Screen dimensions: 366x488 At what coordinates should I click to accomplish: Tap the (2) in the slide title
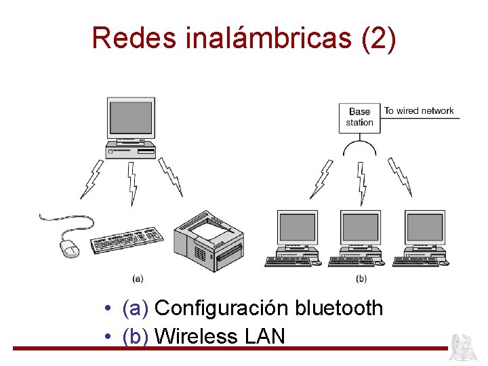[x=379, y=38]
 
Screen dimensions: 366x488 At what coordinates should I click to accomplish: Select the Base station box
[x=359, y=117]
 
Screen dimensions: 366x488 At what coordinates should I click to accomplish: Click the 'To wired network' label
[x=419, y=110]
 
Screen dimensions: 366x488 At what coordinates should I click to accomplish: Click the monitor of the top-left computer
[x=131, y=118]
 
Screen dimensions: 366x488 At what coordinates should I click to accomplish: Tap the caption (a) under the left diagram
[x=137, y=278]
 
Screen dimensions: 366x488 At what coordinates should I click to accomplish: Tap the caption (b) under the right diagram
[x=361, y=278]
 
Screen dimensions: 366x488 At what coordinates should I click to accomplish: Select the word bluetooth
[x=339, y=308]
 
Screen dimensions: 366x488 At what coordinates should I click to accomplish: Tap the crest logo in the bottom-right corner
[x=466, y=346]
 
